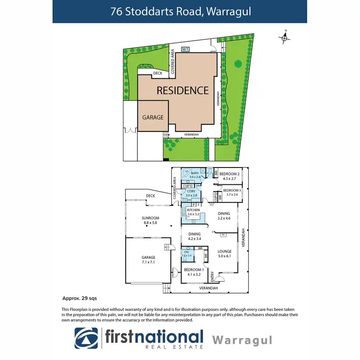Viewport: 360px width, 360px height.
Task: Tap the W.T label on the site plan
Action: pos(185,49)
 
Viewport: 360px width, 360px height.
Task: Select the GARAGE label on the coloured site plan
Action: pos(153,117)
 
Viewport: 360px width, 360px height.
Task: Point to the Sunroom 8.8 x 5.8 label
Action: pos(150,220)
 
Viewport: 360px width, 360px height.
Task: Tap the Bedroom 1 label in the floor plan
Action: pos(194,272)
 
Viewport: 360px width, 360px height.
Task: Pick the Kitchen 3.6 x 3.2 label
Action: pos(193,213)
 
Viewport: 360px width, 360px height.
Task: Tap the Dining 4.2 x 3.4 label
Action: pos(194,236)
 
